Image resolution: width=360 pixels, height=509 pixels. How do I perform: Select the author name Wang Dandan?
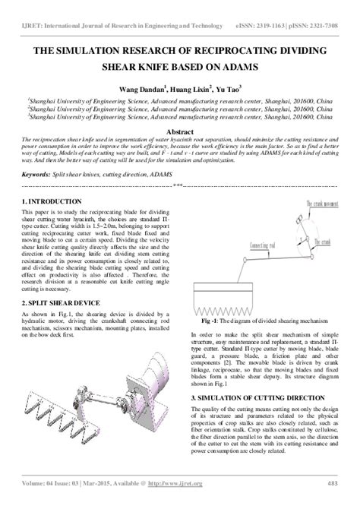[137, 88]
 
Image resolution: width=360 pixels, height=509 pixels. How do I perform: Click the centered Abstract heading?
[179, 131]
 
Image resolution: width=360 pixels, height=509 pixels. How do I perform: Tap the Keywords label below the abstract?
[39, 174]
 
